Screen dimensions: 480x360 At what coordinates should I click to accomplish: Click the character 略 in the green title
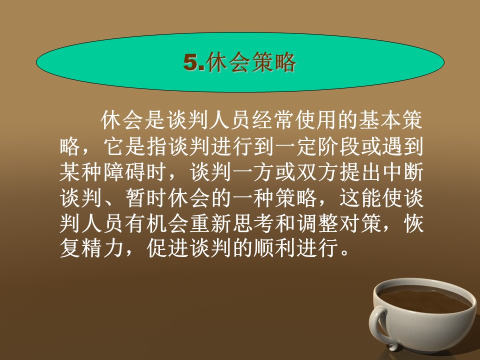pos(285,62)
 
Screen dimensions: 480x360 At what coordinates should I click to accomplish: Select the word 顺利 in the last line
pos(274,248)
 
